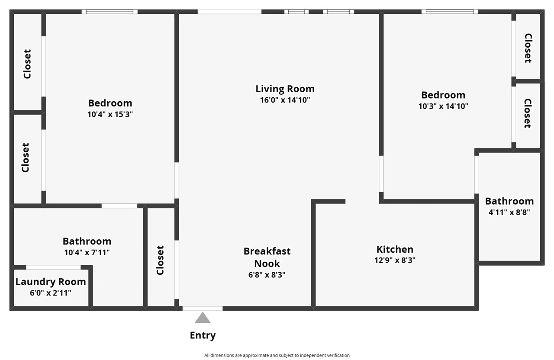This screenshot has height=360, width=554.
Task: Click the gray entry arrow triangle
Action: pos(203,318)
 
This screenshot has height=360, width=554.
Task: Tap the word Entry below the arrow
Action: pos(203,335)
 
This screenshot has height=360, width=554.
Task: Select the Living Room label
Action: pos(285,89)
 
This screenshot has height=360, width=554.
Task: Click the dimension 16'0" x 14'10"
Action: pos(285,100)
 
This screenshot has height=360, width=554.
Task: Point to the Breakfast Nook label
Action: pos(267,257)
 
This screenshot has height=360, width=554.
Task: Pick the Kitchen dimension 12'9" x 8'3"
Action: pos(395,260)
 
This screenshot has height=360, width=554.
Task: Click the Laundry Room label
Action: pos(51,282)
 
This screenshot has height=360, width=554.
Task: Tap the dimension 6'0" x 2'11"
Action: pos(51,293)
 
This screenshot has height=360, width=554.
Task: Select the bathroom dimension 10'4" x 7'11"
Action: pos(87,252)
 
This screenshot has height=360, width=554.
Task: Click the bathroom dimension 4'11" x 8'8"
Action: pos(509,212)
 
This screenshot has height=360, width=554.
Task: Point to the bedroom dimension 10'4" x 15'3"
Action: pos(110,114)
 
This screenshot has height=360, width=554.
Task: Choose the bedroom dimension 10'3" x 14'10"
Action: pos(443,106)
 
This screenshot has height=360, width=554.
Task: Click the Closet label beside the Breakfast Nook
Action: pos(160,260)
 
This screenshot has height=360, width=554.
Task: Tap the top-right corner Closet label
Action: pos(528,48)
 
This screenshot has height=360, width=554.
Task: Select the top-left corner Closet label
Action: pos(27,64)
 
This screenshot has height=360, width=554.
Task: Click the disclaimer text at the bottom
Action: pos(277,355)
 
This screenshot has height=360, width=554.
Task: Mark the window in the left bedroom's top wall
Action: pos(110,12)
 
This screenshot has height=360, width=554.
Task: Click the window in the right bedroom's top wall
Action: pos(450,12)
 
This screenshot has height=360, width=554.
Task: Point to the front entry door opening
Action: pos(203,309)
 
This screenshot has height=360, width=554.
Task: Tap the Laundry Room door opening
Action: pos(53,267)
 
